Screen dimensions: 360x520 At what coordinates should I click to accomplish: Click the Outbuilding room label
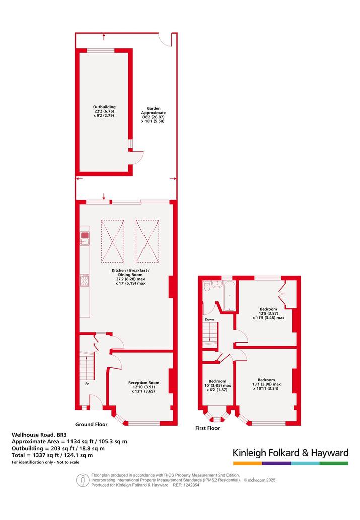pos(104,111)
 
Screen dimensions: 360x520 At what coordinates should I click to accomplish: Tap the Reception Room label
pos(143,387)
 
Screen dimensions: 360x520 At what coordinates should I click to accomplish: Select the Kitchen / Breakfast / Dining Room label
pos(130,277)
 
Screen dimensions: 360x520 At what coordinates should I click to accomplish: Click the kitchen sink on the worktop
pos(85,238)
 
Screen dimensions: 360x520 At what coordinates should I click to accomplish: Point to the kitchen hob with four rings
pos(85,280)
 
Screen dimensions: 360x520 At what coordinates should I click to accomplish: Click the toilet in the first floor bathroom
pos(207,286)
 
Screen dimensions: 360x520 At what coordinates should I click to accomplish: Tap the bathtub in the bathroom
pos(229,296)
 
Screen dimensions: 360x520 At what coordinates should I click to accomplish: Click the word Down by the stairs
pos(209,319)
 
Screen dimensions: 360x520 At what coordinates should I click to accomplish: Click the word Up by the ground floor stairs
pos(86,384)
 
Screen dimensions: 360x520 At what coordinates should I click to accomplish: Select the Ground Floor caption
pos(91,424)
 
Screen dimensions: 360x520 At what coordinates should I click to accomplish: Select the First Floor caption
pos(207,428)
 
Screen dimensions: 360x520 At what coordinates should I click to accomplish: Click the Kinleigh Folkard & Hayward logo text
pos(291,453)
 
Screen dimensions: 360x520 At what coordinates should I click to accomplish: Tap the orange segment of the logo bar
pos(247,463)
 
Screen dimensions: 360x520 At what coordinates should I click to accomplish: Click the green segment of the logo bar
pos(334,463)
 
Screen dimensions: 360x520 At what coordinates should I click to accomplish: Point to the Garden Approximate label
pos(153,115)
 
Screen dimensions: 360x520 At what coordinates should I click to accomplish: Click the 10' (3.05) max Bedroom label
pos(218,386)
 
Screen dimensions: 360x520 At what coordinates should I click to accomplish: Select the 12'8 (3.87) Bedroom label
pos(268,313)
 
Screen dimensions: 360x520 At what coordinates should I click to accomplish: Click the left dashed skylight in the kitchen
pos(112,241)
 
